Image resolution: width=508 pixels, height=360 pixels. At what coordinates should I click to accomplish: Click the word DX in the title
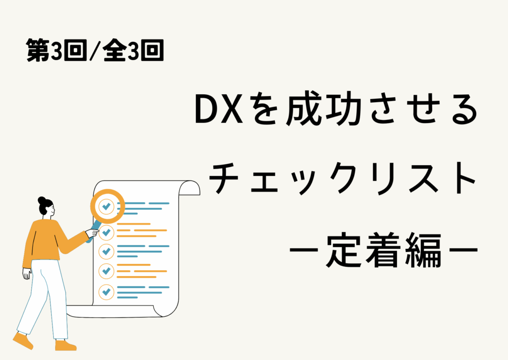tap(219, 110)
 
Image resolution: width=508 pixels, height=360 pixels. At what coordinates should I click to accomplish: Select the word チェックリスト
tap(343, 178)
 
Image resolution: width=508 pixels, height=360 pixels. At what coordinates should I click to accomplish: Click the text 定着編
tap(384, 249)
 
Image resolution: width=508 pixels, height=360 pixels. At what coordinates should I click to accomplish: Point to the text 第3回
tap(57, 50)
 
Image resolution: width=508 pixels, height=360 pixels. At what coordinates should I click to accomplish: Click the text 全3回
tap(133, 50)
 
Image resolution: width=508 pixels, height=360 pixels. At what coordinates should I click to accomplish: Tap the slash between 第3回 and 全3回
tap(95, 51)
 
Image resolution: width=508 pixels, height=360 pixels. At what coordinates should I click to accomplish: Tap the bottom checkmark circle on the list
tap(106, 292)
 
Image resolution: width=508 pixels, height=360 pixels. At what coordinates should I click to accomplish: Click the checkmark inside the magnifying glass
tap(106, 206)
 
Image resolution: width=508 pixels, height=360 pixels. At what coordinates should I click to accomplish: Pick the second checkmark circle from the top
tap(106, 232)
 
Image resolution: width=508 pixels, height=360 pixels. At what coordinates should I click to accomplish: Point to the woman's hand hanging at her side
tap(27, 274)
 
